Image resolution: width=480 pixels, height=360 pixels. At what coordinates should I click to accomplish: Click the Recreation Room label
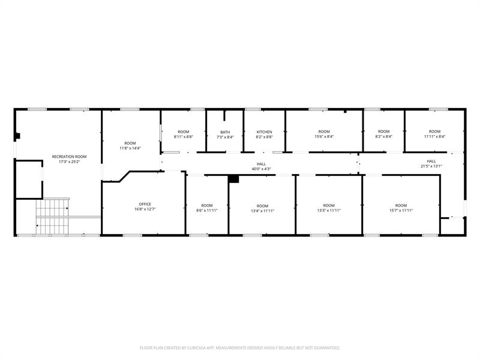69,157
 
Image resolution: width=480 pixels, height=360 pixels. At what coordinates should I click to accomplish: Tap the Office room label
145,204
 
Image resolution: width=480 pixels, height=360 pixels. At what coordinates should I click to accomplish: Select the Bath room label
225,132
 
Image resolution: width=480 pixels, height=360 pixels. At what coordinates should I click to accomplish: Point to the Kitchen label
265,132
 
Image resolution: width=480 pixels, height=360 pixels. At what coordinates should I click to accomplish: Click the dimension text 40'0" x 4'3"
261,169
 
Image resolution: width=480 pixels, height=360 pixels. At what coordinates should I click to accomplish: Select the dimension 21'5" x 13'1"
431,166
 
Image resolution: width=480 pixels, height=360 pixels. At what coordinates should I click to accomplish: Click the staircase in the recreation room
53,216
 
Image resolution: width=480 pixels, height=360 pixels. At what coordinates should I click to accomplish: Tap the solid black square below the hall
234,179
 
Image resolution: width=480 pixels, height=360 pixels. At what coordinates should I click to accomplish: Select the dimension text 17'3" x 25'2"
69,161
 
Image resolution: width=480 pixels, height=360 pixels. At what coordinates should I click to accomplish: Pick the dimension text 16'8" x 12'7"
145,209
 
